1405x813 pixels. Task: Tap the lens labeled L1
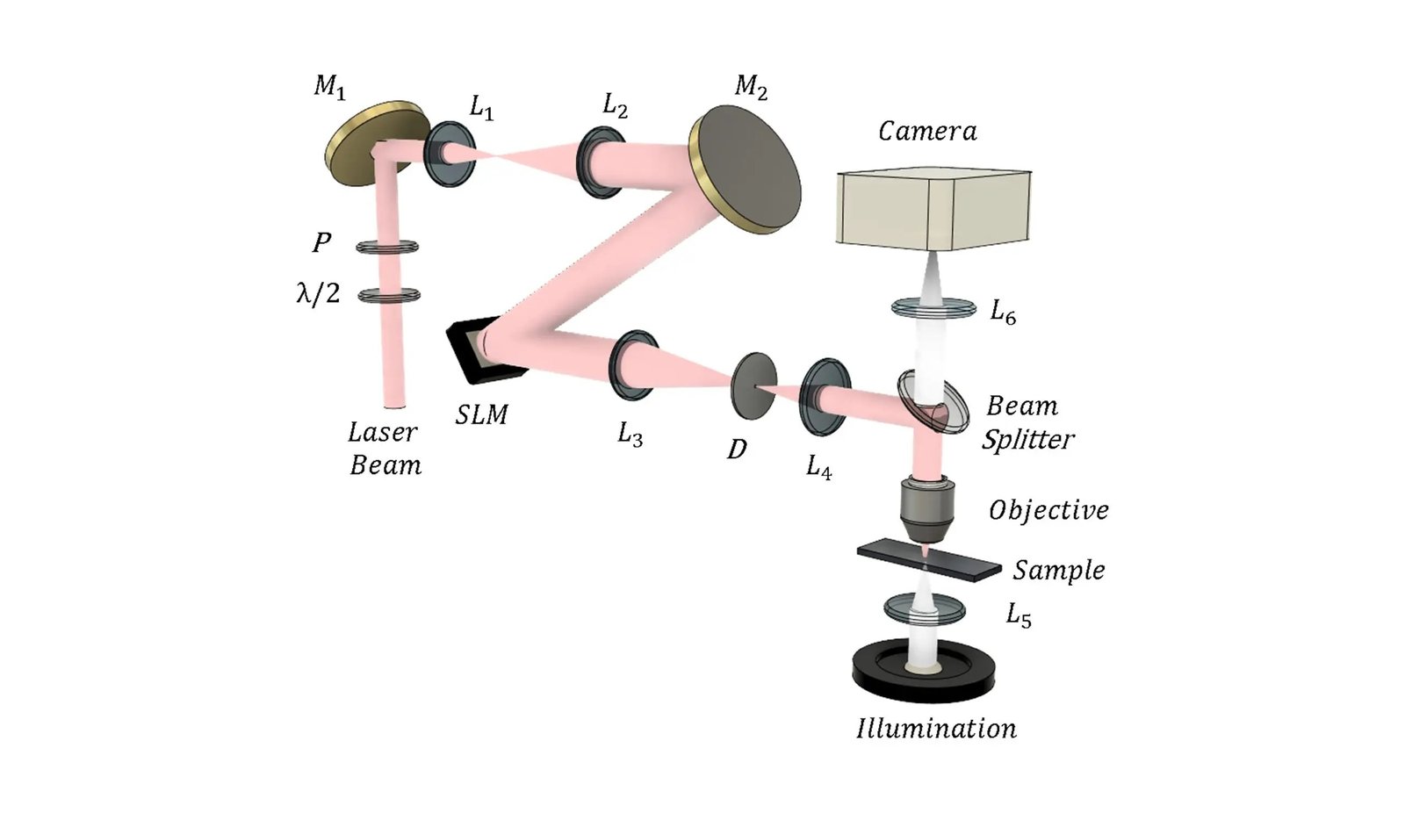450,153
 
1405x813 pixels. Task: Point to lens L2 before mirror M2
601,162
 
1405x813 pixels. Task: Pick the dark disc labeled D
753,385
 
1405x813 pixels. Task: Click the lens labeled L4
825,396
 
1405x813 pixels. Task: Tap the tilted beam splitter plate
933,401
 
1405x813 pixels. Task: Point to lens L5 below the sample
924,608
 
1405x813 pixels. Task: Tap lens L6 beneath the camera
933,307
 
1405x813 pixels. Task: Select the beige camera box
933,209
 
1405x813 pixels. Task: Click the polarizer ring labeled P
387,248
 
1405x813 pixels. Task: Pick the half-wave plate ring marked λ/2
389,295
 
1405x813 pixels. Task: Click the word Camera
927,132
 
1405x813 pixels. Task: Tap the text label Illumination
936,729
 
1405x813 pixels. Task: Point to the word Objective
1048,510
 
